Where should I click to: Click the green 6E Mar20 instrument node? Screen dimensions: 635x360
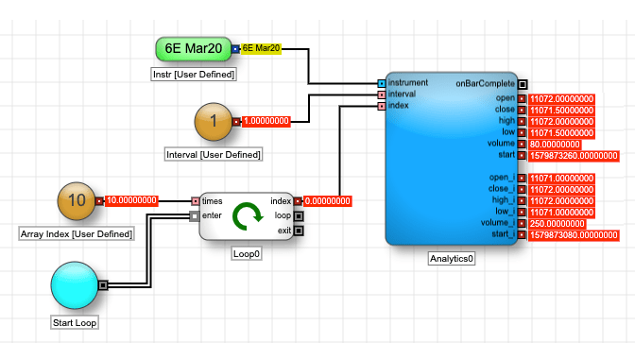click(194, 49)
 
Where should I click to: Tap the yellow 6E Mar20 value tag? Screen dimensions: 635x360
click(261, 48)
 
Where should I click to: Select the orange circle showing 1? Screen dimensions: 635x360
click(214, 122)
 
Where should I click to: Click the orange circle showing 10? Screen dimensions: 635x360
click(77, 201)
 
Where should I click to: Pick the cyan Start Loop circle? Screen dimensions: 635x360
click(75, 285)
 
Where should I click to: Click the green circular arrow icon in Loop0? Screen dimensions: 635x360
click(247, 216)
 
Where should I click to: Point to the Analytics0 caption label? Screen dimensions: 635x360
click(452, 259)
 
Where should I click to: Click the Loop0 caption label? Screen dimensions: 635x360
click(247, 254)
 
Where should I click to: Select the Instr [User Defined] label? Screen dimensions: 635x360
click(194, 75)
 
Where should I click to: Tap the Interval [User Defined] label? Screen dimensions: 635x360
click(214, 155)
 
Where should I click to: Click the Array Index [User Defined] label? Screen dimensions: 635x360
click(77, 234)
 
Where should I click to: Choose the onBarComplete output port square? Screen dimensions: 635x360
click(523, 84)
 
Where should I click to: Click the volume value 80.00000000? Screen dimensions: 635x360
click(555, 145)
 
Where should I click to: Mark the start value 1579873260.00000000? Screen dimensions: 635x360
click(574, 156)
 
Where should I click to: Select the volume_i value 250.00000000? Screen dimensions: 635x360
click(557, 224)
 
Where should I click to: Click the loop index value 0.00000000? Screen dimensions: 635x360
click(328, 201)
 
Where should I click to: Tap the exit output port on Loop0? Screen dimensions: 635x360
click(299, 231)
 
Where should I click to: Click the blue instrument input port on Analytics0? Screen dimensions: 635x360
click(382, 83)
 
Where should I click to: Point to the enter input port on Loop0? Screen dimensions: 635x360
click(195, 216)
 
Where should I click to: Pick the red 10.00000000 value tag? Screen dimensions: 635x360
click(131, 200)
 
